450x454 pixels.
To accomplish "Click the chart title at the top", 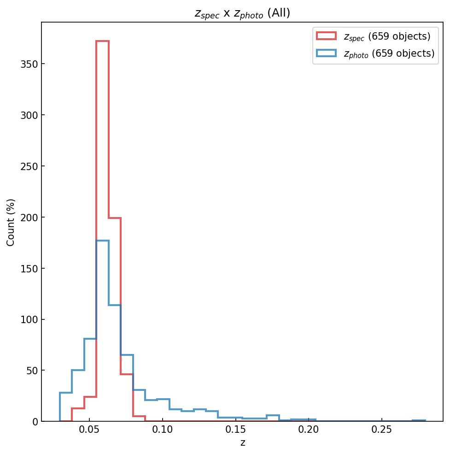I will tap(242, 13).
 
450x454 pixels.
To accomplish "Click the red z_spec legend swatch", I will tap(327, 36).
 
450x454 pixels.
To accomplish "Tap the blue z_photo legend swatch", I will tap(327, 53).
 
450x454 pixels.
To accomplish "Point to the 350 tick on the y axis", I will tap(29, 64).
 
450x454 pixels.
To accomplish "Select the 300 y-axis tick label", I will tap(29, 115).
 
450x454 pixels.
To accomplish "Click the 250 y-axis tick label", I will tap(29, 166).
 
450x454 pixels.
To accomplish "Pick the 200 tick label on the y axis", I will tap(29, 217).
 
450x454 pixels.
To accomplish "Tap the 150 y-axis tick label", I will tap(29, 268).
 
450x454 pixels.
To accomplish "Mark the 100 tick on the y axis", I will tap(29, 319).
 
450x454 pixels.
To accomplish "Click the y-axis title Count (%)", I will tap(11, 222).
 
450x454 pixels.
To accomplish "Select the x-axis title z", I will tap(243, 443).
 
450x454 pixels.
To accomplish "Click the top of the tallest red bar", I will tap(102, 41).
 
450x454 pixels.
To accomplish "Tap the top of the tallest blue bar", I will tap(102, 241).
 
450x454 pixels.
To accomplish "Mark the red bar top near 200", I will tap(115, 218).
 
